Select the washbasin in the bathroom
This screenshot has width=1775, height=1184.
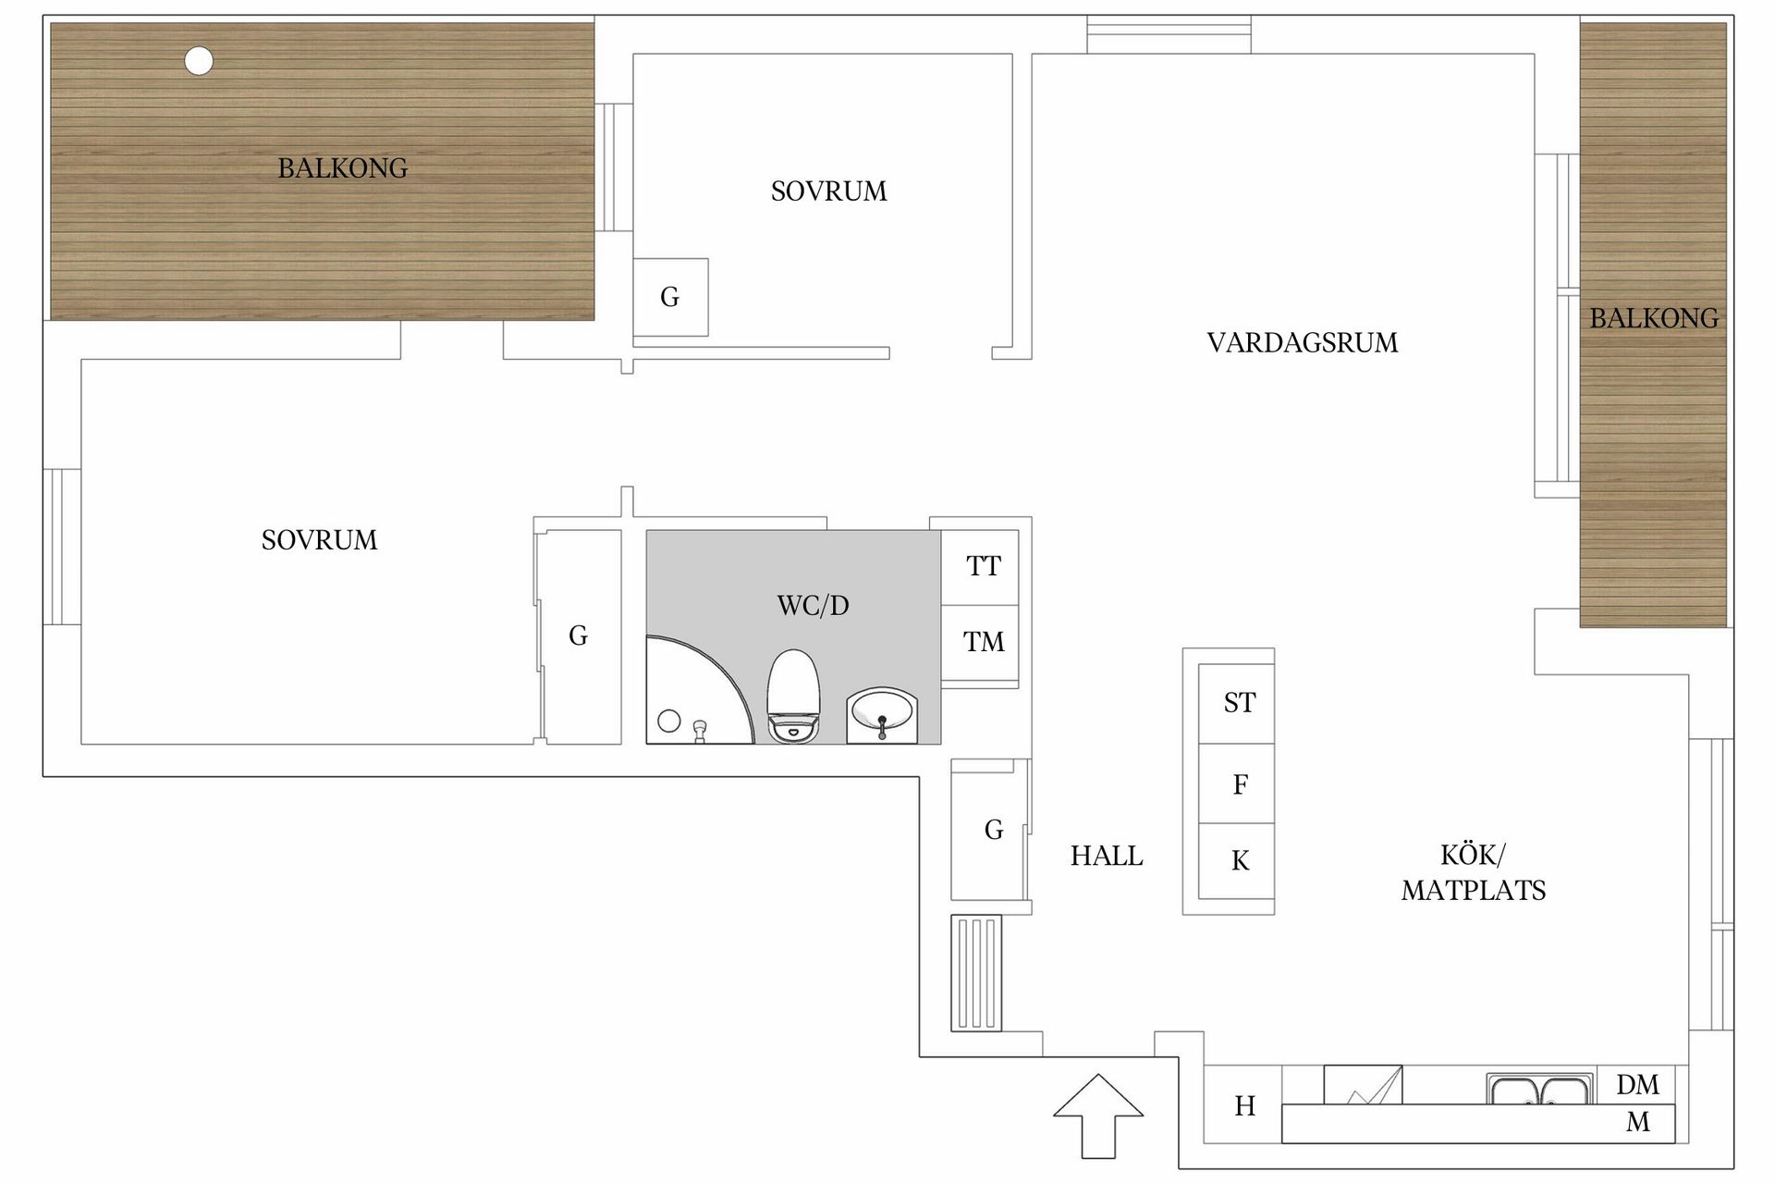pos(882,716)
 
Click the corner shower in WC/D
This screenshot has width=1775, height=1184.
pos(693,694)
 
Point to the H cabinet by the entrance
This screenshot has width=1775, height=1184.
pos(1243,1106)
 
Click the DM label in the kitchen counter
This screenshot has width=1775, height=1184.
pos(1637,1084)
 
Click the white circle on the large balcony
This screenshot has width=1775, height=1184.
pos(199,61)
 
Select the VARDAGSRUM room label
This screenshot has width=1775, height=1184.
pos(1302,343)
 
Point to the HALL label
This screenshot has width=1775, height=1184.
pos(1107,857)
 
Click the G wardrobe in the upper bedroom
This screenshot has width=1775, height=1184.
pos(670,297)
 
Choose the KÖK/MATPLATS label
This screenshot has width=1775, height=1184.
pos(1473,872)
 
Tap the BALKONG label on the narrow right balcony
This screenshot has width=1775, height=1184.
pos(1653,319)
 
